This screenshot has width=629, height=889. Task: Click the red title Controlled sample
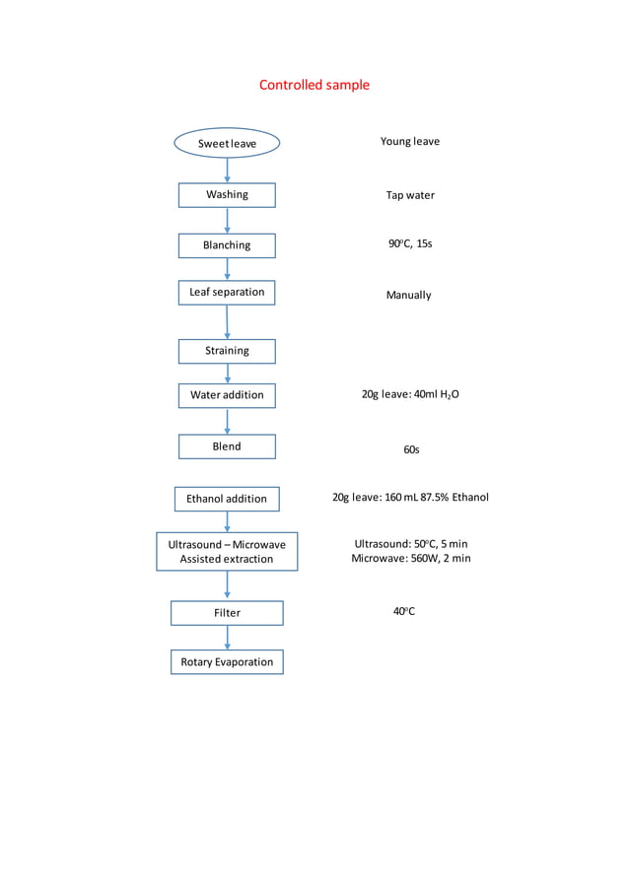(x=314, y=85)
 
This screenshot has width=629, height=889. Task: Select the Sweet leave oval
(x=227, y=144)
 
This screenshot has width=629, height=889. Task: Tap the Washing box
(x=227, y=195)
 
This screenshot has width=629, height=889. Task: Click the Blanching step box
(x=227, y=245)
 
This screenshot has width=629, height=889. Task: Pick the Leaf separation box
(x=227, y=293)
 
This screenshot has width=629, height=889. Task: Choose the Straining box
(x=227, y=351)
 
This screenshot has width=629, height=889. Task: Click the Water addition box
(x=227, y=395)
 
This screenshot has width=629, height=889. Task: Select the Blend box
(x=227, y=446)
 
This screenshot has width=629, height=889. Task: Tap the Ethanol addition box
(x=227, y=499)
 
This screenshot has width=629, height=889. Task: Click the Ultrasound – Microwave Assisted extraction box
(x=227, y=552)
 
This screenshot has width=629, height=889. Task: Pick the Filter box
(x=227, y=613)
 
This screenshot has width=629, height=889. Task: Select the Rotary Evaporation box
(x=227, y=662)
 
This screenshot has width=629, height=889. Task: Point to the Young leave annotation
(x=410, y=142)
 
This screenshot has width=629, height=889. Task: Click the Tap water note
(x=410, y=195)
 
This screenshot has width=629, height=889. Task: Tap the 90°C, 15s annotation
(x=410, y=243)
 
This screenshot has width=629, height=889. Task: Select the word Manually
(x=408, y=296)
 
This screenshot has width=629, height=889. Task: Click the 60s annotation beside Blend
(x=411, y=449)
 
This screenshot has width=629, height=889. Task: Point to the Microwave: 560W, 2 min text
(x=411, y=559)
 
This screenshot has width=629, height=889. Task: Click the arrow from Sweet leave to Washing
(x=228, y=170)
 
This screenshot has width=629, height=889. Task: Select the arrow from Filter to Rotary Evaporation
(x=228, y=638)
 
